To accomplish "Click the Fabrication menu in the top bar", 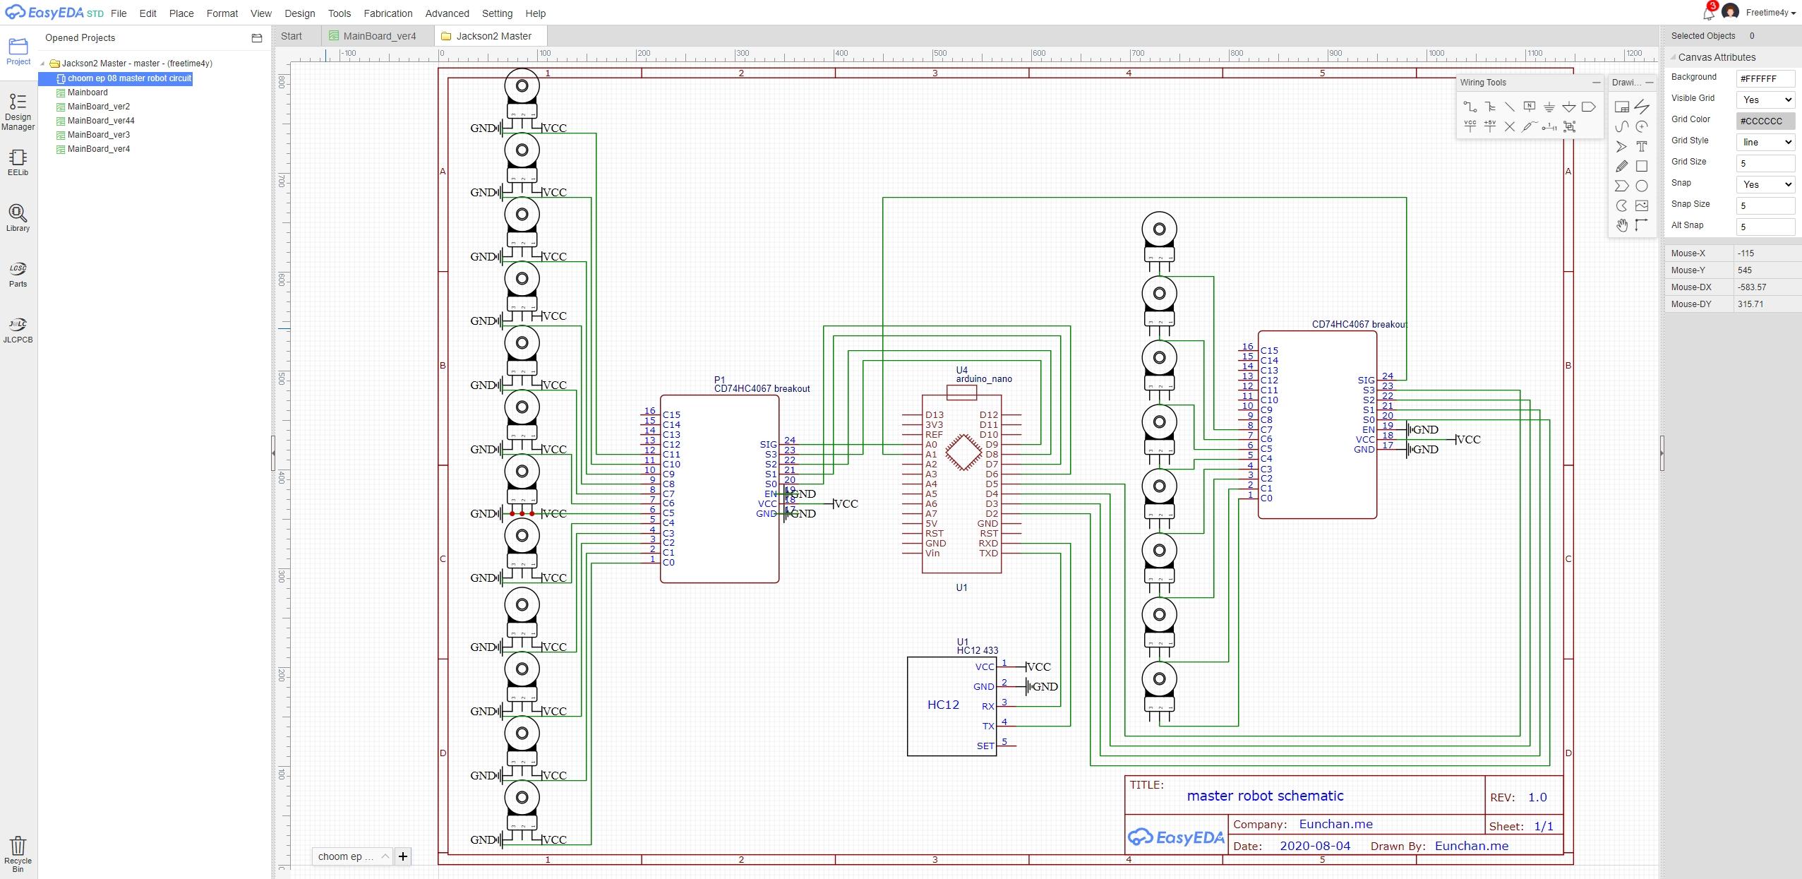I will click(x=388, y=13).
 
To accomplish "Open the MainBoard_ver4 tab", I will click(x=379, y=36).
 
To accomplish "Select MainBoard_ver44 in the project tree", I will click(x=100, y=121).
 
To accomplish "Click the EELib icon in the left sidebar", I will click(x=18, y=162).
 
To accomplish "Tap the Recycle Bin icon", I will click(x=18, y=853).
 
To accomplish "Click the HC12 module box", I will click(x=944, y=705).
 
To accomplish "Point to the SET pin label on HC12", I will click(x=985, y=746).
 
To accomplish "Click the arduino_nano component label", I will click(x=984, y=379).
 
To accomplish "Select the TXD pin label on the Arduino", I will click(x=988, y=553).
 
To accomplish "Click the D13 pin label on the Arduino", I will click(x=935, y=415).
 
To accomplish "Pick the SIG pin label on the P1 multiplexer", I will click(x=768, y=445).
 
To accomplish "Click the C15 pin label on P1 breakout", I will click(x=671, y=415).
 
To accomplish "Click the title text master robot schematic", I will click(x=1265, y=796).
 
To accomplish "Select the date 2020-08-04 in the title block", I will click(x=1314, y=846).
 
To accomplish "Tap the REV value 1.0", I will click(x=1537, y=797).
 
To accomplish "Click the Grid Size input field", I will click(x=1765, y=163).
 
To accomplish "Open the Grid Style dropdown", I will click(x=1765, y=142).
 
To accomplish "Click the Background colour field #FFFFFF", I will click(x=1765, y=78).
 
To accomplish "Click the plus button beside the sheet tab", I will click(x=403, y=856).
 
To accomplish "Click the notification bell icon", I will click(x=1708, y=13).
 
